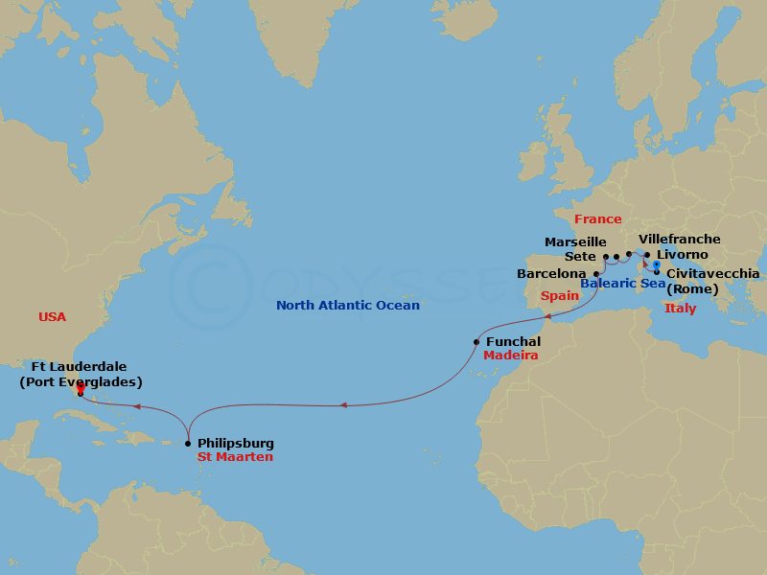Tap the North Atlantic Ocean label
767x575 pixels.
pyautogui.click(x=347, y=306)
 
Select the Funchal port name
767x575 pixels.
pyautogui.click(x=513, y=341)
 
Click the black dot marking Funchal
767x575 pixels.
pyautogui.click(x=476, y=342)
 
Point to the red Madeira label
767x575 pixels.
pyautogui.click(x=509, y=356)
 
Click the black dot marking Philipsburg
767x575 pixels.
pyautogui.click(x=187, y=444)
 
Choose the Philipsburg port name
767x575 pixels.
pyautogui.click(x=235, y=444)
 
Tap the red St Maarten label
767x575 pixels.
pyautogui.click(x=235, y=457)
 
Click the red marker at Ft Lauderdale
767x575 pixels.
pyautogui.click(x=81, y=389)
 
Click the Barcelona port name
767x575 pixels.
pyautogui.click(x=551, y=273)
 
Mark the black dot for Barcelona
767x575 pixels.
pyautogui.click(x=596, y=273)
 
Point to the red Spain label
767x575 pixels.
pyautogui.click(x=560, y=296)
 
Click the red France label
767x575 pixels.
pyautogui.click(x=598, y=219)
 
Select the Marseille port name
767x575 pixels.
pyautogui.click(x=575, y=242)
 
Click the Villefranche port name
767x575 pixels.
pyautogui.click(x=679, y=240)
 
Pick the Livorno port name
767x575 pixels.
pyautogui.click(x=683, y=255)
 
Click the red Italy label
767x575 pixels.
pyautogui.click(x=680, y=309)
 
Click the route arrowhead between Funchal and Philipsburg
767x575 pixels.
pyautogui.click(x=343, y=405)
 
